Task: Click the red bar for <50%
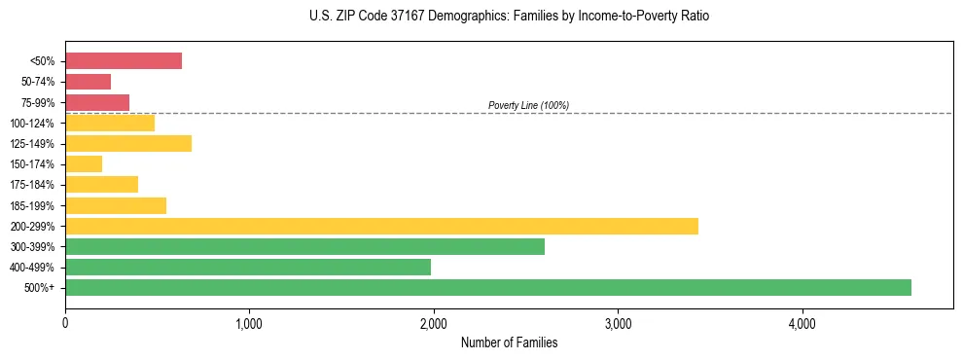tap(124, 61)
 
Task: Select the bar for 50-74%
tap(88, 82)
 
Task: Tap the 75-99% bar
tap(97, 102)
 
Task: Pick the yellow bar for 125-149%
tap(128, 144)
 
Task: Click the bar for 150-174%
tap(84, 164)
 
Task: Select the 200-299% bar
tap(381, 226)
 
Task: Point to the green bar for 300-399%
tap(304, 246)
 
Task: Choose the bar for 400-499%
tap(248, 267)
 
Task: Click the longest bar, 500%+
tap(488, 287)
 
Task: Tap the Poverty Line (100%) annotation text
tap(528, 105)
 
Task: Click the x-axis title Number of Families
tap(509, 342)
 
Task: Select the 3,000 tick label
tap(618, 322)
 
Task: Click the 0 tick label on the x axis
tap(65, 322)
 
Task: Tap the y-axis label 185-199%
tap(32, 205)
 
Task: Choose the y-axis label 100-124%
tap(32, 124)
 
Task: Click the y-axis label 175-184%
tap(32, 185)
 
